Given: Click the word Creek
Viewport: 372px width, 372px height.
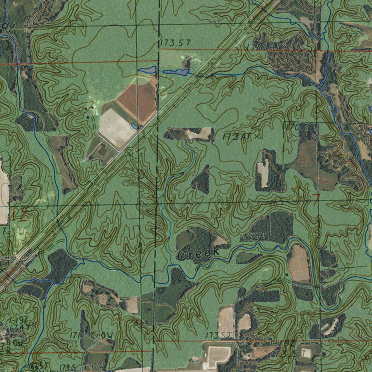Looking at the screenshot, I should (198, 254).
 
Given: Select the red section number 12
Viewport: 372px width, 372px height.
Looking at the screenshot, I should (18, 214).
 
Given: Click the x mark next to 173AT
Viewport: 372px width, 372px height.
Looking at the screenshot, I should (257, 136).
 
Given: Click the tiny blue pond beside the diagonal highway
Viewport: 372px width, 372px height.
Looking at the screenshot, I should (134, 126).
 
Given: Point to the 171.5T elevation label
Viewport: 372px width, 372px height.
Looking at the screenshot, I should (82, 336).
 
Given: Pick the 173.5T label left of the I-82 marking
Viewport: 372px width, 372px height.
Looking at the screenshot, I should (218, 335).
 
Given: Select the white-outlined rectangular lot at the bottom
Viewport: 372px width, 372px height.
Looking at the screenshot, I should (217, 356).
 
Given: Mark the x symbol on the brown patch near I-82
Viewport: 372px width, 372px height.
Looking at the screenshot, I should (265, 349).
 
